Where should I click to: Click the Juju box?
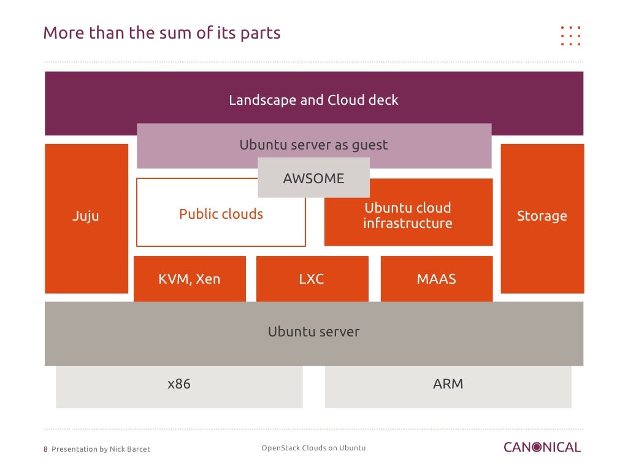point(86,218)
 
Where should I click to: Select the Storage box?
point(542,218)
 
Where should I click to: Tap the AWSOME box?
point(313,178)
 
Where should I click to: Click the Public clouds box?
point(221,214)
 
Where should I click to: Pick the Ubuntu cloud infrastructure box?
point(408,215)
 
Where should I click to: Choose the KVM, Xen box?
point(190,279)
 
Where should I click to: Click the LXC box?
point(312,279)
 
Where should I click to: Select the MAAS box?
point(437,279)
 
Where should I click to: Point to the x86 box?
point(179,385)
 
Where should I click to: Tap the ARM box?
point(448,385)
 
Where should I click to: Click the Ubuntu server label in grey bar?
point(313,332)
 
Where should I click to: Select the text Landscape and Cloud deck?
point(313,100)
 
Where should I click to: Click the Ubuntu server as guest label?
point(313,146)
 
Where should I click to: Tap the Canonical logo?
point(542,447)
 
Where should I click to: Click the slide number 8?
point(46,449)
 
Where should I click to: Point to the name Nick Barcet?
point(129,449)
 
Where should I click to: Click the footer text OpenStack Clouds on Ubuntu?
point(313,448)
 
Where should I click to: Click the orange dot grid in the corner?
point(570,36)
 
